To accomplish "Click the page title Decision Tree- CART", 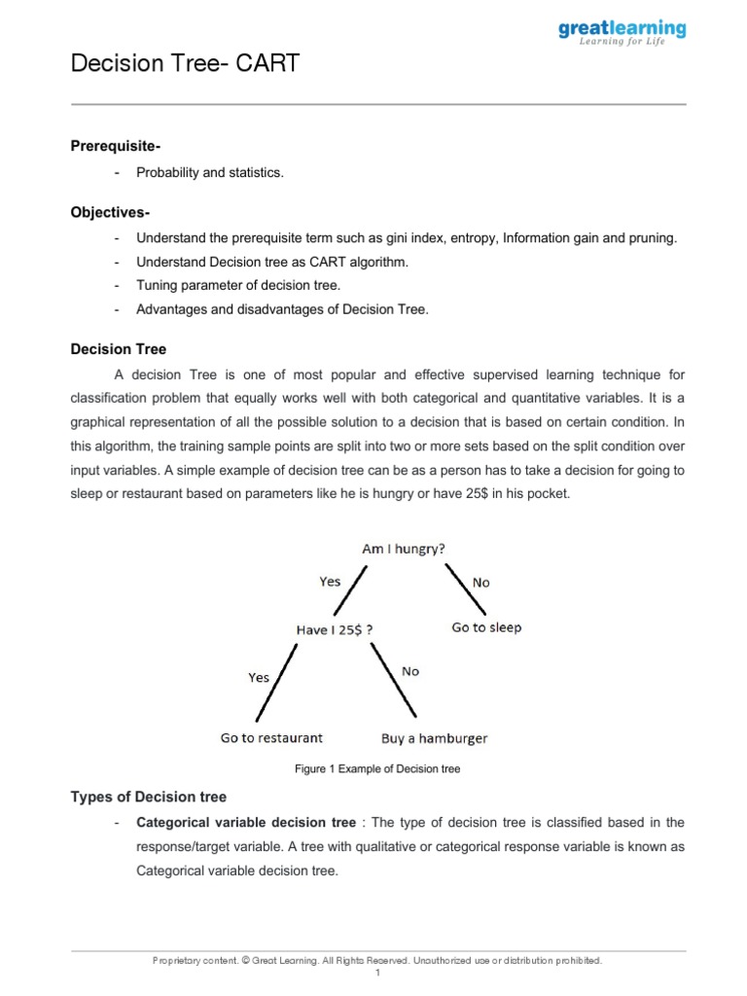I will tap(186, 64).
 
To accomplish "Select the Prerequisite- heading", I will tap(116, 146).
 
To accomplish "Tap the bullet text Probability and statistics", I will tap(210, 173).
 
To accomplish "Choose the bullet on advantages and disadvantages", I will tap(282, 310).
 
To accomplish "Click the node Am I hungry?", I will tap(404, 549).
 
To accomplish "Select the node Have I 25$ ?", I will tap(334, 629).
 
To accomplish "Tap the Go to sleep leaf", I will tap(486, 627).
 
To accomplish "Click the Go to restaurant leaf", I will tap(271, 738).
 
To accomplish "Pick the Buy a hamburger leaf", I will tap(435, 738).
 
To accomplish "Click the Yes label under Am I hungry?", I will tap(331, 582).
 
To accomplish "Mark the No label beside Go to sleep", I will tap(480, 583).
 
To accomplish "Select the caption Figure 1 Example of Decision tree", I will tap(377, 769).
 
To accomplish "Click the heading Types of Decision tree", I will tap(149, 798).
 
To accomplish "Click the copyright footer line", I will tap(377, 960).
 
